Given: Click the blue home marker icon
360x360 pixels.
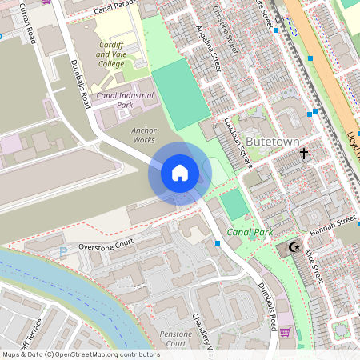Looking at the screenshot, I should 180,173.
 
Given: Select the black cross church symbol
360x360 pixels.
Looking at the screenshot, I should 304,152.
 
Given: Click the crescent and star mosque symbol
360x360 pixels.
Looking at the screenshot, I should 294,248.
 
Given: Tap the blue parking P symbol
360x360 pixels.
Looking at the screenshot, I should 63,251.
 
